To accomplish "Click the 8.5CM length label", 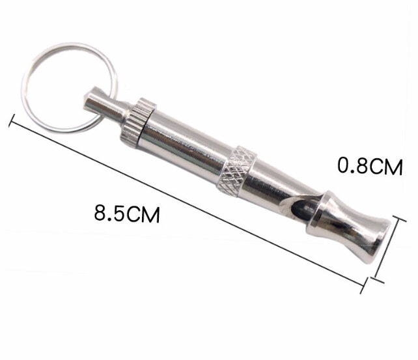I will (127, 214).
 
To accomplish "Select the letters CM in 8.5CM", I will (146, 214).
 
